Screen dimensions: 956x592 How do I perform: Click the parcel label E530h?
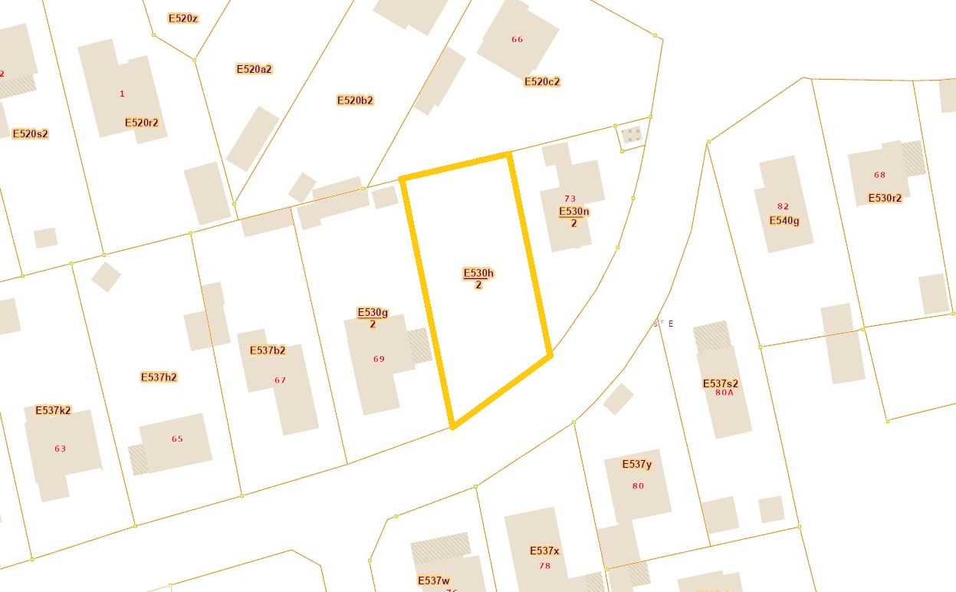point(478,274)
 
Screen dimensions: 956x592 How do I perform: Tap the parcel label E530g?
point(373,313)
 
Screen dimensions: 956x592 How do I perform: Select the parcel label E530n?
point(573,212)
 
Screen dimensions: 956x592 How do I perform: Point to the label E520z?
point(182,18)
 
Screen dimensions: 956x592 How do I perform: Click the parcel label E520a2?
point(254,69)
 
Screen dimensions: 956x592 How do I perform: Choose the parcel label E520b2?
point(355,100)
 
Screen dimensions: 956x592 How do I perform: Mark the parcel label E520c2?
point(542,82)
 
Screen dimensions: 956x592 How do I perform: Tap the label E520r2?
point(141,123)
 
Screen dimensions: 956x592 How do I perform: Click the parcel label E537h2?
point(159,377)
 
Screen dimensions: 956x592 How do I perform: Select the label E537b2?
point(268,350)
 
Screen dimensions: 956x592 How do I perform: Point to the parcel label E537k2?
point(53,410)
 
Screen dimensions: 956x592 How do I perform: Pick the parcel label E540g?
point(784,221)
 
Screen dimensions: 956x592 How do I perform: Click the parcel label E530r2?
point(885,198)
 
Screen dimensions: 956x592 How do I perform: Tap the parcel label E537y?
point(637,464)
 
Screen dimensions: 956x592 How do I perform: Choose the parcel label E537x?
point(544,551)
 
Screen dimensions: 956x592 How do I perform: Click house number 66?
point(517,39)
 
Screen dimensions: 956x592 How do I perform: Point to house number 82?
point(783,206)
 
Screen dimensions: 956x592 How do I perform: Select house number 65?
point(177,439)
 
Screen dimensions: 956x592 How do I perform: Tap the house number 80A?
point(724,393)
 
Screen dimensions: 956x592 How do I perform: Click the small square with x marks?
point(631,136)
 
